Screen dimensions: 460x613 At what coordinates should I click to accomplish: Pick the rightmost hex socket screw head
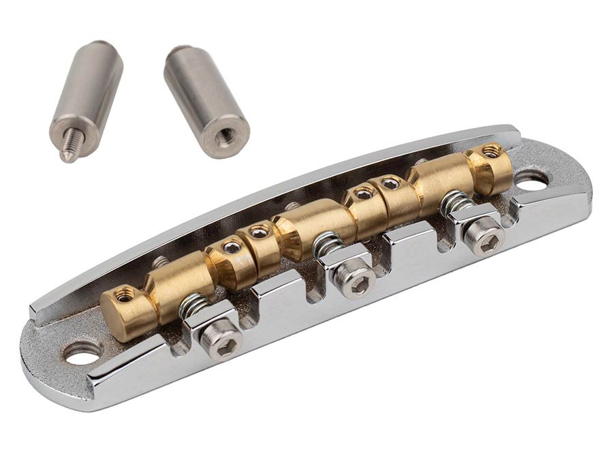[x=485, y=236]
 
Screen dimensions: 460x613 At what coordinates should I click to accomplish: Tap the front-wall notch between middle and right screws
[x=402, y=239]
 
